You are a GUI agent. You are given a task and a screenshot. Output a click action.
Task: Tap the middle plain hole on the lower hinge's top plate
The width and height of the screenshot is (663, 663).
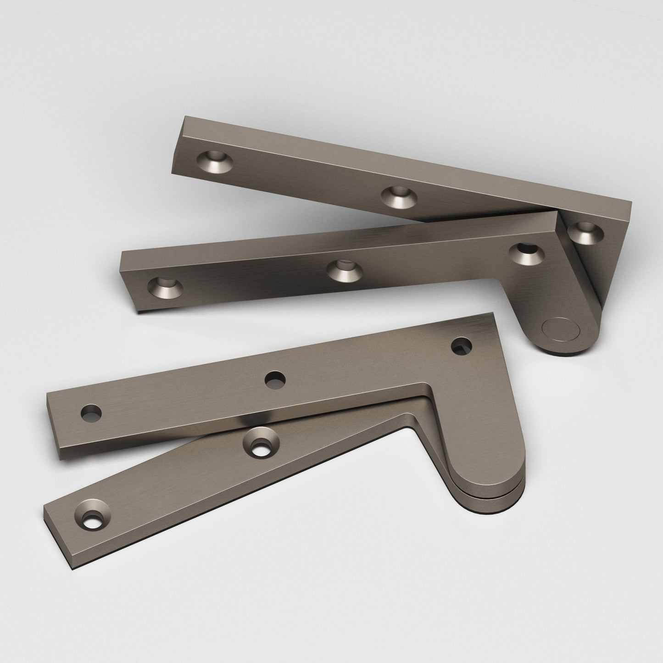point(275,379)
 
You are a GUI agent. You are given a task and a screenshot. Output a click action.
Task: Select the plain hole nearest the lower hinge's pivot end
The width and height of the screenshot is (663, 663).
point(462,345)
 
